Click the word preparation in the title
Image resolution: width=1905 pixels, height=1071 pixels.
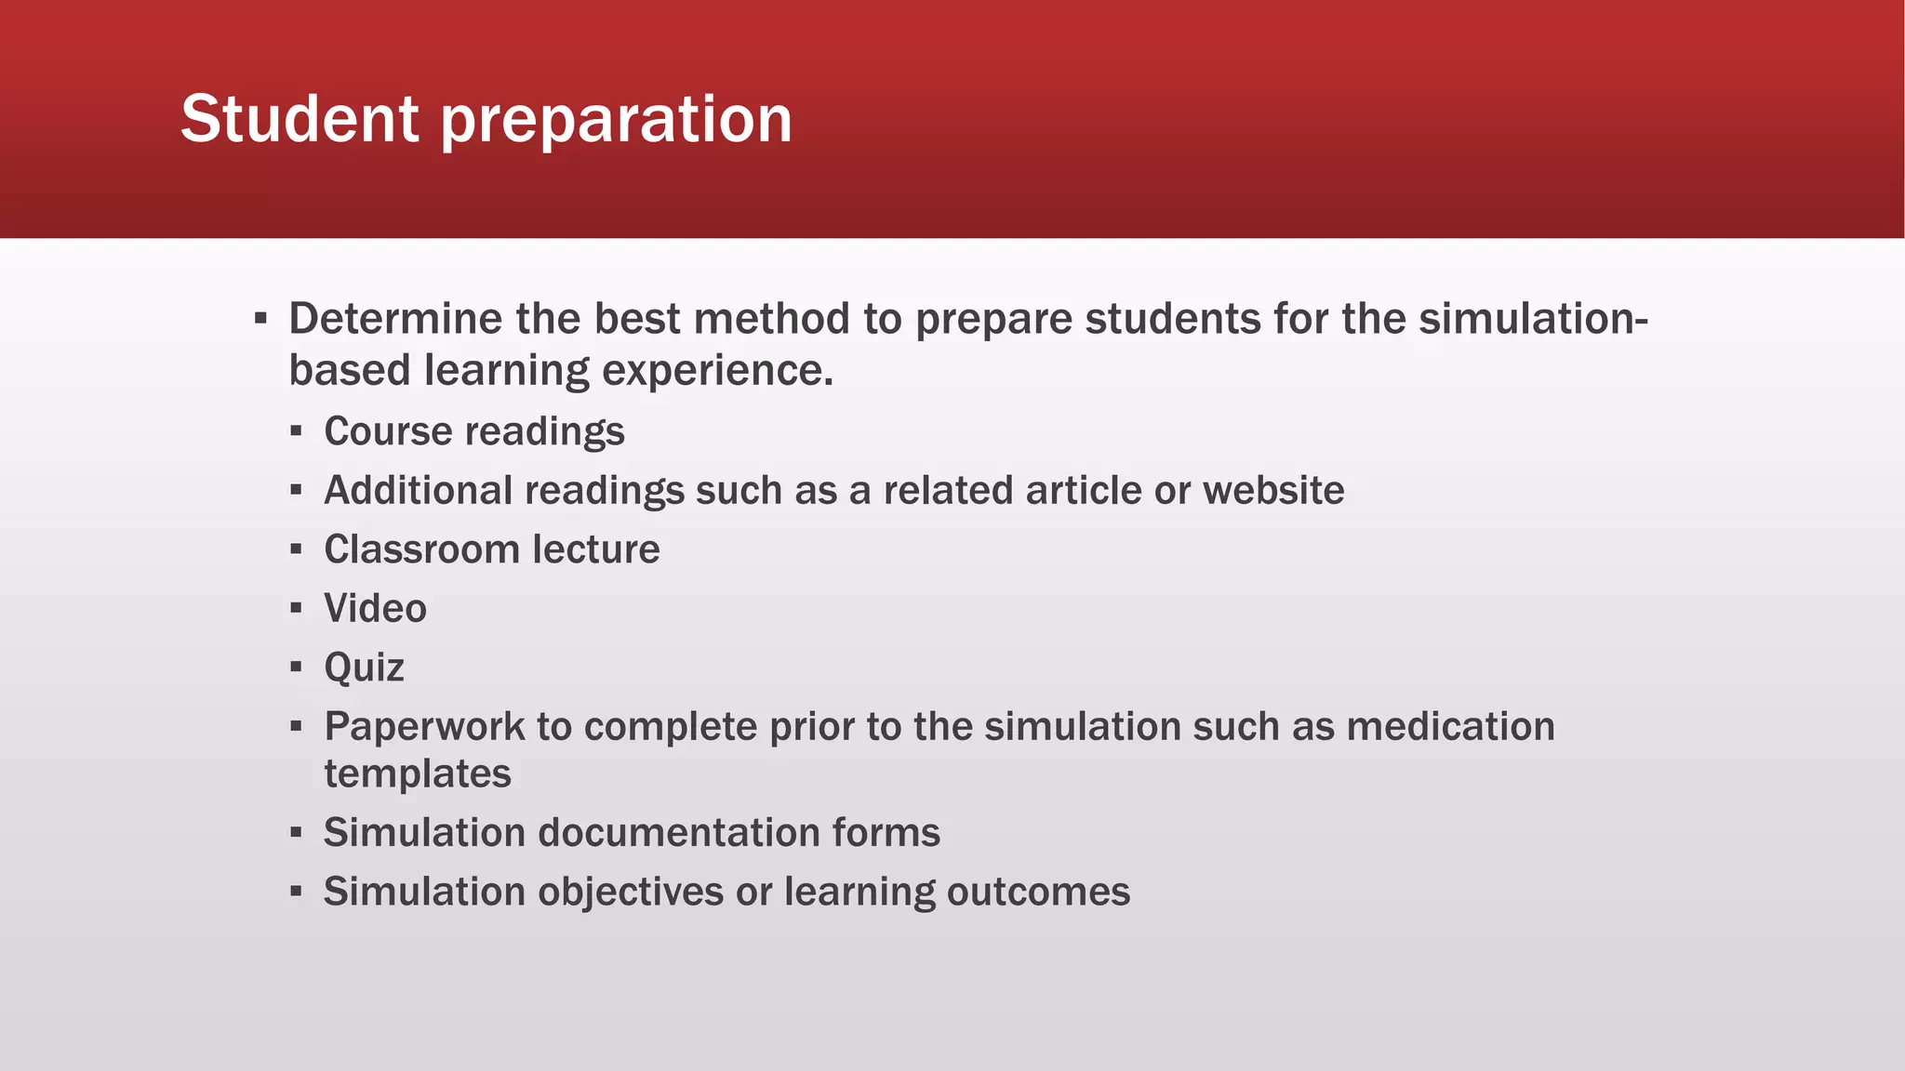pyautogui.click(x=616, y=121)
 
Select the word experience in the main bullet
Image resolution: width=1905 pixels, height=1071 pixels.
pyautogui.click(x=716, y=370)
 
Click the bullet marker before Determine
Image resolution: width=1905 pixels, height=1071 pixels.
pyautogui.click(x=260, y=320)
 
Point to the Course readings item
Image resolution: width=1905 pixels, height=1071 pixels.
pyautogui.click(x=473, y=431)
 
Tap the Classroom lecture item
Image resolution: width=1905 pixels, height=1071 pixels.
pyautogui.click(x=491, y=549)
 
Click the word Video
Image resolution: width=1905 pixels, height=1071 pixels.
pyautogui.click(x=375, y=609)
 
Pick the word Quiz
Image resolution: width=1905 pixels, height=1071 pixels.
pyautogui.click(x=364, y=668)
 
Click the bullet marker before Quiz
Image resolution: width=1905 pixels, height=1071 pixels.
pyautogui.click(x=296, y=668)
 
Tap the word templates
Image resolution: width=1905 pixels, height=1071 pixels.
pyautogui.click(x=418, y=774)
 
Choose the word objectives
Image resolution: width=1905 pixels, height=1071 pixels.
pyautogui.click(x=631, y=892)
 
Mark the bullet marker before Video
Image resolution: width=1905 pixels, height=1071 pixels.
pyautogui.click(x=296, y=609)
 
